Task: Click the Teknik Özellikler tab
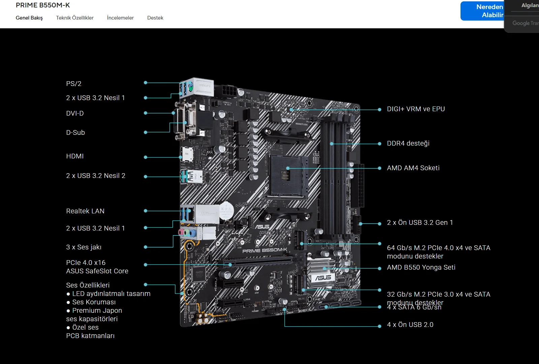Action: click(x=75, y=18)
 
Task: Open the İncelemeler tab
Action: click(x=120, y=18)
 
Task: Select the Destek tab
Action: click(x=155, y=18)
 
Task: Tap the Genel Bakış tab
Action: click(x=29, y=18)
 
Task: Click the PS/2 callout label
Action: click(x=74, y=84)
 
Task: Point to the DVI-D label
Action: click(x=75, y=113)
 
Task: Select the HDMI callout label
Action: click(x=75, y=156)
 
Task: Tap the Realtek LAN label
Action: click(x=85, y=211)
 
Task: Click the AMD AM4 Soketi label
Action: click(x=413, y=168)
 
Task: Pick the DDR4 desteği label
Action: click(x=408, y=143)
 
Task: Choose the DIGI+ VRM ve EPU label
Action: click(x=416, y=109)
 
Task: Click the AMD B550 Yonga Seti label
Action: click(x=421, y=267)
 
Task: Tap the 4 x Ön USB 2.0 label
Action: click(x=410, y=325)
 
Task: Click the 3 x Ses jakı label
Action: click(x=84, y=247)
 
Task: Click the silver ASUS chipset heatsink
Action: click(x=322, y=272)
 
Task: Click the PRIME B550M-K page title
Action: click(x=43, y=5)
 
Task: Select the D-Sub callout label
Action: click(x=75, y=132)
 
